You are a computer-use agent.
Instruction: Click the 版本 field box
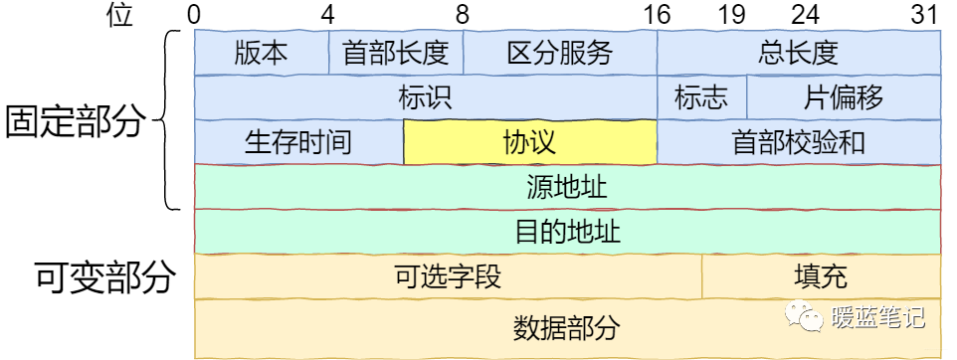click(x=261, y=52)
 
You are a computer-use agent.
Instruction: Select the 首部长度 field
click(x=395, y=52)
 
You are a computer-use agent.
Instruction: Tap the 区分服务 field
click(x=559, y=52)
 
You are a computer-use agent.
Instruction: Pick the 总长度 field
click(x=799, y=52)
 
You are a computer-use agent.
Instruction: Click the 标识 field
click(x=425, y=97)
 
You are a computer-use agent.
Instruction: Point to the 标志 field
click(x=700, y=97)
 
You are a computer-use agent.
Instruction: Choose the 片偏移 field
click(x=843, y=97)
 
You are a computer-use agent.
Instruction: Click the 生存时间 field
click(x=297, y=142)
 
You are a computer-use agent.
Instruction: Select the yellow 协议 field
click(x=529, y=142)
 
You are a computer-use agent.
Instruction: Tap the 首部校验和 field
click(x=799, y=142)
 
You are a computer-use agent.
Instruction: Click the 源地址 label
click(x=567, y=186)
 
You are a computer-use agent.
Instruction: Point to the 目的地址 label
click(x=567, y=232)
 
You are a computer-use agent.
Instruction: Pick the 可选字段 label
click(x=448, y=276)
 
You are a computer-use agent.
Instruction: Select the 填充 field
click(x=821, y=276)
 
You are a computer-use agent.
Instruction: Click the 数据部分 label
click(x=567, y=327)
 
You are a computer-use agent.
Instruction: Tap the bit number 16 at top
click(x=657, y=15)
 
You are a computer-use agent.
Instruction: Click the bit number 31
click(x=925, y=15)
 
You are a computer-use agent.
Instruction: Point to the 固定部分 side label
click(x=76, y=121)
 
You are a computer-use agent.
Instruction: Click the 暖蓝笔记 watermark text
click(x=877, y=318)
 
